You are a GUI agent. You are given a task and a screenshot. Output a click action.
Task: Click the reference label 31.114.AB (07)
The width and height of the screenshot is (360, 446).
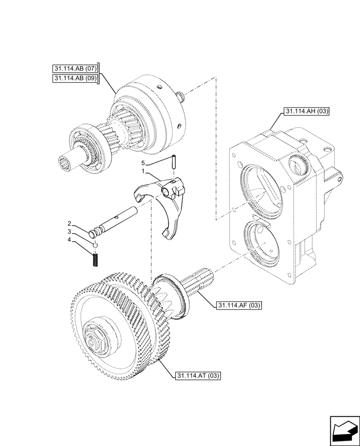[x=75, y=69]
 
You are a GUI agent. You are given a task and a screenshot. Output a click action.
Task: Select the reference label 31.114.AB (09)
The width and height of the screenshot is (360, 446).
[x=75, y=78]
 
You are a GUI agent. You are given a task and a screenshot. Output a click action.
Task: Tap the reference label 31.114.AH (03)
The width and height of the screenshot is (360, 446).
[x=305, y=111]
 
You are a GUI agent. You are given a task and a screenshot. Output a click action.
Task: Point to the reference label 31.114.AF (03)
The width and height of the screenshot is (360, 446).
[x=238, y=306]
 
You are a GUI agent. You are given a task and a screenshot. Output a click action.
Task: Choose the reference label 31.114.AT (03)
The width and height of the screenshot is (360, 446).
[x=197, y=376]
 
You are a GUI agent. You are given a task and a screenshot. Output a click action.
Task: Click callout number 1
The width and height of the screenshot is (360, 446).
[x=143, y=171]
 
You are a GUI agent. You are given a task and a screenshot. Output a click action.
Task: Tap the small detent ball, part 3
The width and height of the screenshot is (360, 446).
[x=95, y=245]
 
